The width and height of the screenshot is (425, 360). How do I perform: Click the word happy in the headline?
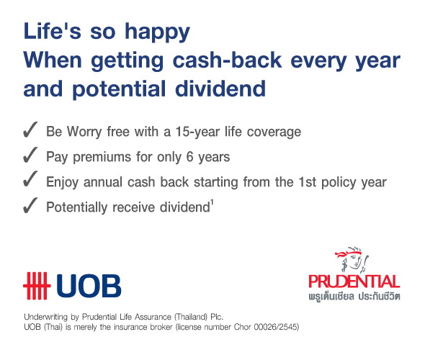point(157,32)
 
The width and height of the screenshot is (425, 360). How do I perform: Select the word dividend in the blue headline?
point(220,89)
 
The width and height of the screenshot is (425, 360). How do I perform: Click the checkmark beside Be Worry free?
point(30,130)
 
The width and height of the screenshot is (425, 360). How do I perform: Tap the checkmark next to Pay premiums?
point(30,155)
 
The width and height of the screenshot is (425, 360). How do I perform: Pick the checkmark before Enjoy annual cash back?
point(30,179)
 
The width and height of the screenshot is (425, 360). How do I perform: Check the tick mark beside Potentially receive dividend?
point(30,205)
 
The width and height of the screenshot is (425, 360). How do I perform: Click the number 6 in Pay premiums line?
point(189,157)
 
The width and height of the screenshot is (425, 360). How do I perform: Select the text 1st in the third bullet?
point(308,181)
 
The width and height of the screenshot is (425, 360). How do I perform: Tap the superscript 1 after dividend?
point(212,202)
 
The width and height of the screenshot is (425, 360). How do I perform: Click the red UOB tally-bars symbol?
point(37,286)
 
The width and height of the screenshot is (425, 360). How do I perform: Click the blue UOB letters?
point(89,286)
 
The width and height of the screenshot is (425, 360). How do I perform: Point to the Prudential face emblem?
point(352,259)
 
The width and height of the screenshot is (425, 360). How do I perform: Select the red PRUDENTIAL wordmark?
point(354,282)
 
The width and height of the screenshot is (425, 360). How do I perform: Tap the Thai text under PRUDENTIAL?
point(354,296)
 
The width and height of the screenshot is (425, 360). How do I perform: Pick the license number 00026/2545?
point(276,327)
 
